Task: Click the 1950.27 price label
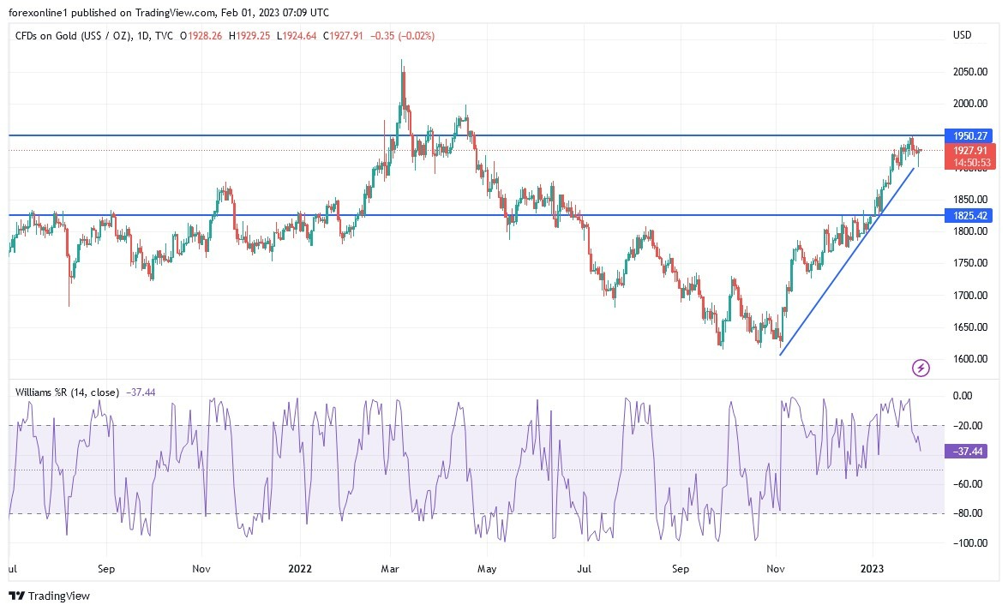969,135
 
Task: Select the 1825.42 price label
969,215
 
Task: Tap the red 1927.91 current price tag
969,150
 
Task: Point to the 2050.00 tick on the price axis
969,72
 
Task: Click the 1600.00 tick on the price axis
969,359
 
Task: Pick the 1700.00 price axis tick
969,296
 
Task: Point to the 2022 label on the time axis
300,568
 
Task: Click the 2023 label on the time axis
872,568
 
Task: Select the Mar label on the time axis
391,568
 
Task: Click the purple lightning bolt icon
921,368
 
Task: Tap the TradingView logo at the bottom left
49,596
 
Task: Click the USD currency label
962,35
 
